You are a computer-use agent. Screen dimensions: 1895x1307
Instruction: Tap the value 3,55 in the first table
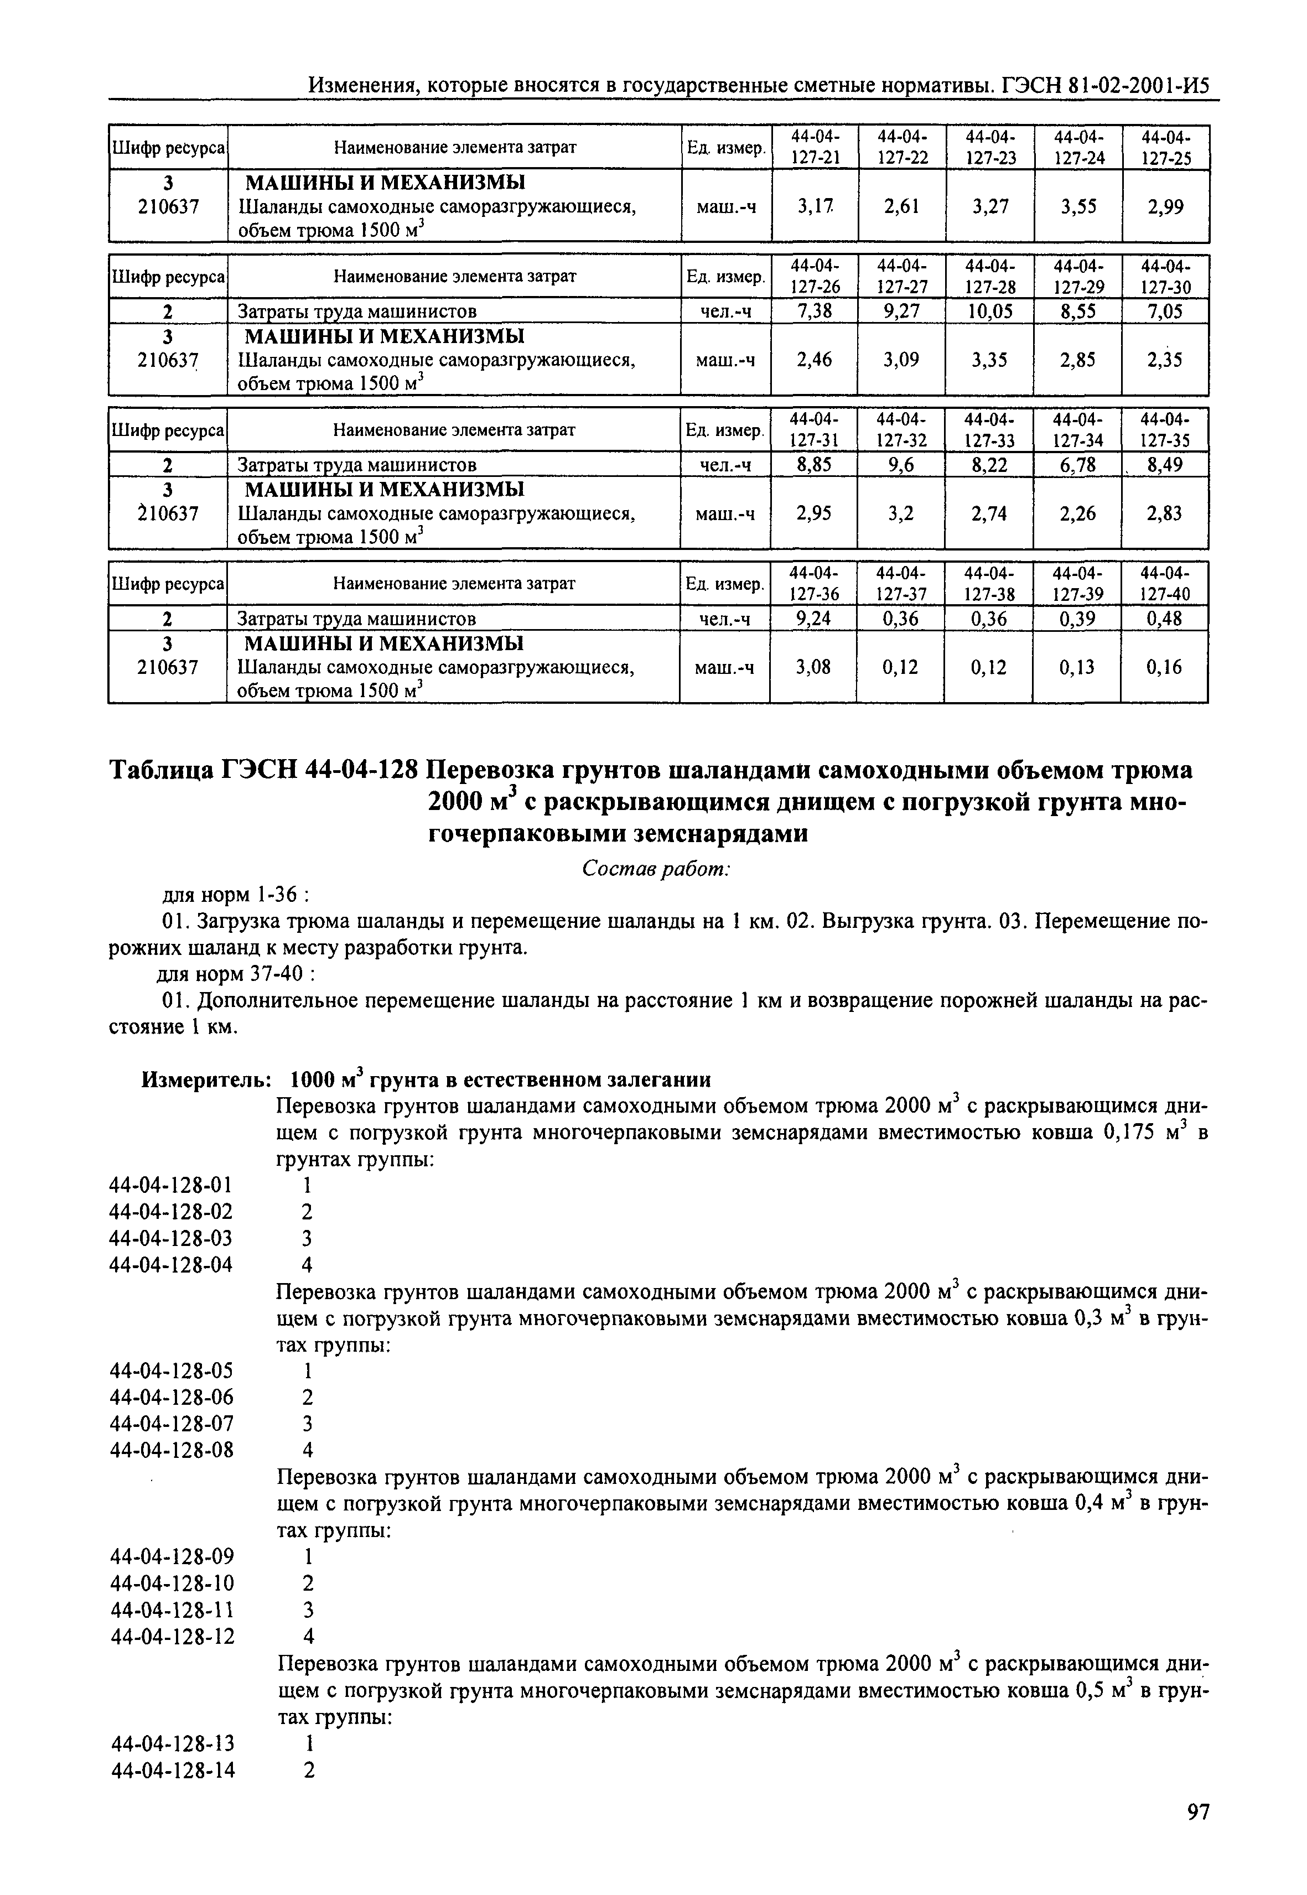[1078, 207]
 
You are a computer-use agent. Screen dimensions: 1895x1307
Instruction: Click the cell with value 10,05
[989, 311]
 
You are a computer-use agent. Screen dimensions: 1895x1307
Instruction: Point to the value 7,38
[814, 311]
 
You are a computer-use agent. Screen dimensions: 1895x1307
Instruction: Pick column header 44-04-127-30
[1165, 277]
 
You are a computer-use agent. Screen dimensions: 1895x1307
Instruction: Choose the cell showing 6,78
[1077, 465]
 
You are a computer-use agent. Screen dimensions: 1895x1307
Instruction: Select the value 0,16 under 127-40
[1164, 667]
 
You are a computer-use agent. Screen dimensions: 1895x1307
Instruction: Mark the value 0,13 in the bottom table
[1076, 667]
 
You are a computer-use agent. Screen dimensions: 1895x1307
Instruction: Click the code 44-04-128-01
[170, 1185]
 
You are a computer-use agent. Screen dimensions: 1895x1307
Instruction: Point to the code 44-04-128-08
[171, 1450]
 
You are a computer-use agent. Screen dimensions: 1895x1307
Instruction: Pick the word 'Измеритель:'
[206, 1080]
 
